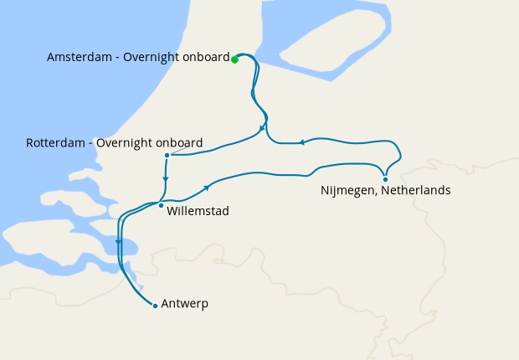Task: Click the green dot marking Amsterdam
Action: pos(234,59)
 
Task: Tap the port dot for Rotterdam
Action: pos(167,155)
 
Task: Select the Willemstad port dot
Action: pos(161,204)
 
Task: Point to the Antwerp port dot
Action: pos(155,306)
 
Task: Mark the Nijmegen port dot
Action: pos(385,179)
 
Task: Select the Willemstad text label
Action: pos(198,211)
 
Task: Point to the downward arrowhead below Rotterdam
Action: pos(166,178)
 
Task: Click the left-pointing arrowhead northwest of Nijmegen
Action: pos(301,141)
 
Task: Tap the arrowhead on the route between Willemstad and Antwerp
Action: pos(119,244)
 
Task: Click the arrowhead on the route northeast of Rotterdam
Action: pos(263,128)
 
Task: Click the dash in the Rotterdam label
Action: pos(91,142)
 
